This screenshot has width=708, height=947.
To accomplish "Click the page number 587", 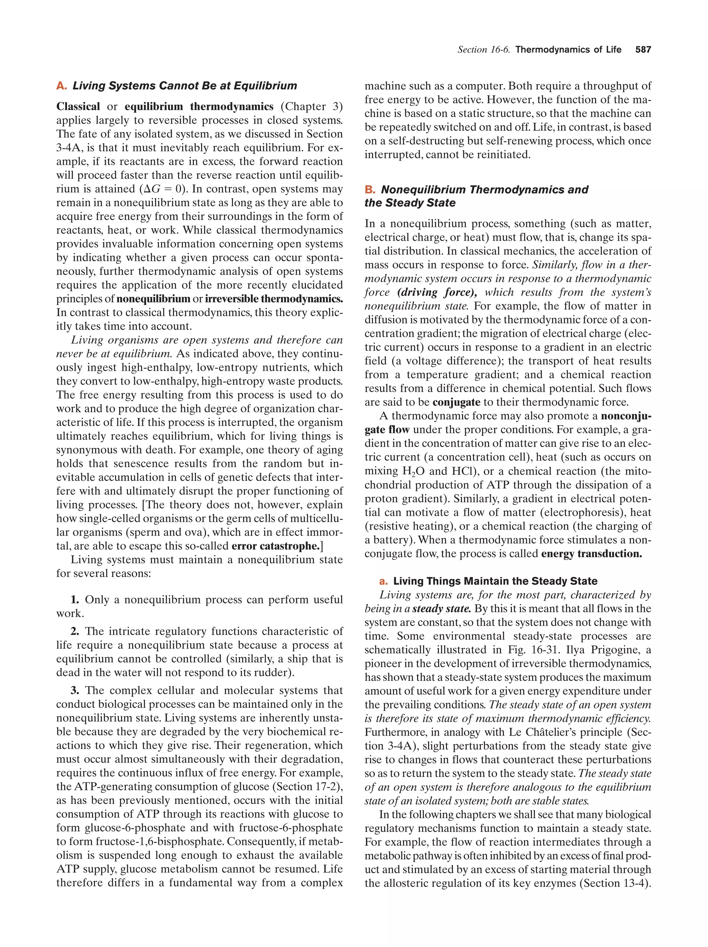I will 643,50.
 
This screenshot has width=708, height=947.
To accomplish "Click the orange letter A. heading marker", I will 61,86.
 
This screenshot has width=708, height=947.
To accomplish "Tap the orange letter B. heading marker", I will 370,190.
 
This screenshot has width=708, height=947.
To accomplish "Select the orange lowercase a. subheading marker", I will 383,581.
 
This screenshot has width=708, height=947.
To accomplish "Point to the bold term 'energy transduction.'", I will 591,553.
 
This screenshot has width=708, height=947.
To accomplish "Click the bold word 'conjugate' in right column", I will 456,403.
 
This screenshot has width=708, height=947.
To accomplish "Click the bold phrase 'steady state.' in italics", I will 441,608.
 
